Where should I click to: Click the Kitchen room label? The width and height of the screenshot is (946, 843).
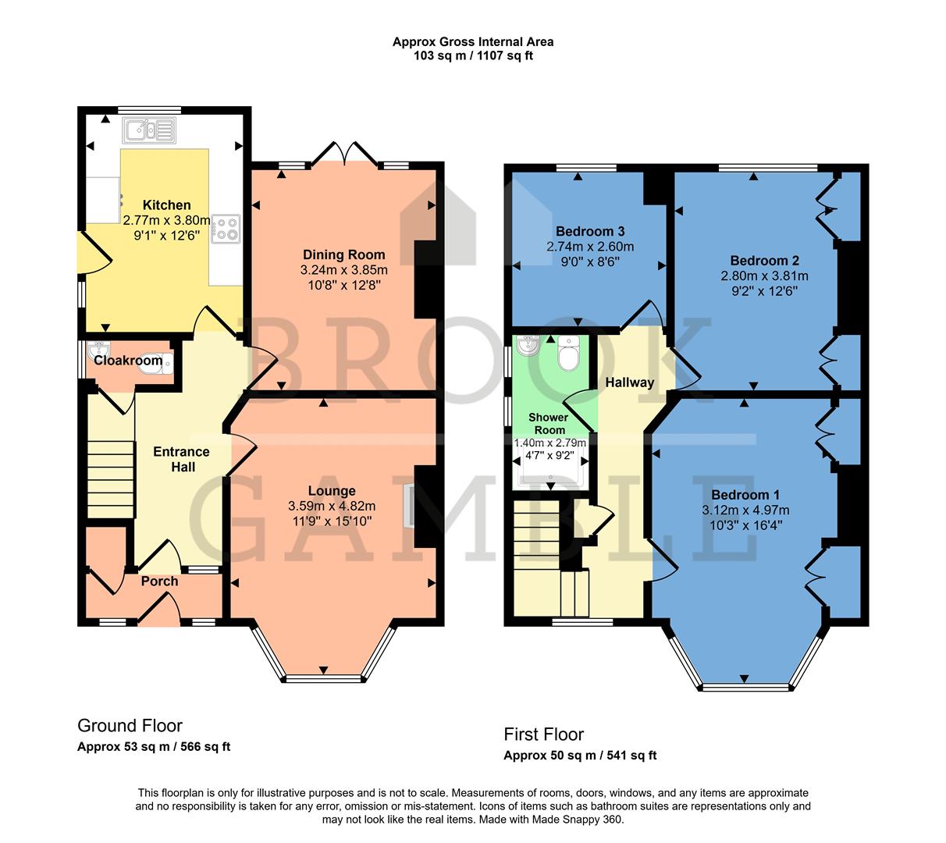click(x=166, y=205)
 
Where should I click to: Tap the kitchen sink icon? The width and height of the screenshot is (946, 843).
click(x=150, y=130)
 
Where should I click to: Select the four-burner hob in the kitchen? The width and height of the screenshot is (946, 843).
click(x=226, y=228)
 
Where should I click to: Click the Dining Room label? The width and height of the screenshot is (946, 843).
click(x=343, y=254)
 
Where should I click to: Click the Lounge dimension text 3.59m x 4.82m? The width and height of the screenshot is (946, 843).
click(x=332, y=506)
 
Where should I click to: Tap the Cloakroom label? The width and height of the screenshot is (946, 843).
click(x=128, y=361)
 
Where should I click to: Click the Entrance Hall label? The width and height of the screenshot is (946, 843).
click(x=181, y=459)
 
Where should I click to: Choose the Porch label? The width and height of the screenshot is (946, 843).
click(x=159, y=582)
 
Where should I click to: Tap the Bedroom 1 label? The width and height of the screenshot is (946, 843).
click(x=745, y=495)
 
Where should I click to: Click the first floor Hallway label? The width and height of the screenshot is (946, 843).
click(x=629, y=382)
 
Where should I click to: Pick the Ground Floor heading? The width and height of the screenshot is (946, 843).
click(x=130, y=726)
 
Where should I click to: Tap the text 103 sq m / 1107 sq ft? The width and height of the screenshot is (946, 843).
click(x=473, y=55)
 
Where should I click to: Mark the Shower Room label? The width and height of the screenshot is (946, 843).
click(x=549, y=424)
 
